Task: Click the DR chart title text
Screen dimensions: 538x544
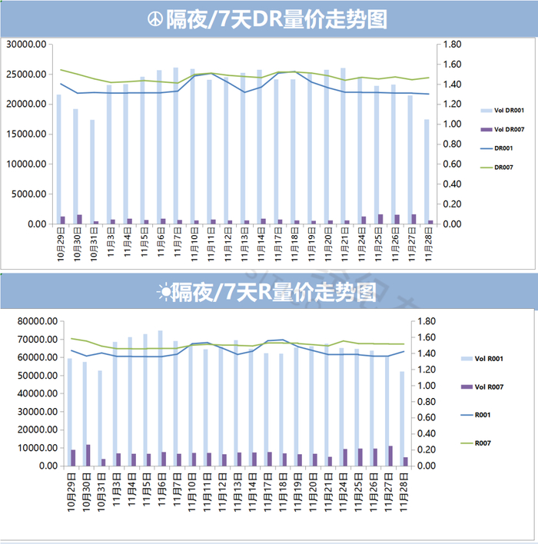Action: point(276,19)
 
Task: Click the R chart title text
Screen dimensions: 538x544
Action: point(274,292)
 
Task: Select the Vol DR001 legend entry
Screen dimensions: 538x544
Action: point(502,111)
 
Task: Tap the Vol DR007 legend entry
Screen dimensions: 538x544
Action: point(502,129)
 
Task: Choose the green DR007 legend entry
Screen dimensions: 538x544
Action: point(496,168)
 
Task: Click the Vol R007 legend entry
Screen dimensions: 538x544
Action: point(482,386)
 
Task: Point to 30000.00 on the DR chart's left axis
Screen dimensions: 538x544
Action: point(26,45)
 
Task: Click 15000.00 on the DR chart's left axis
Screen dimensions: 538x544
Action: point(26,134)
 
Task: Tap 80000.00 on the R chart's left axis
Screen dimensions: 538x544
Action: point(38,321)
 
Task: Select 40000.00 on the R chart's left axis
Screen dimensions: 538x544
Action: point(38,393)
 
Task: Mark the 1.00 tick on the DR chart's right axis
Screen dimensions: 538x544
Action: point(452,124)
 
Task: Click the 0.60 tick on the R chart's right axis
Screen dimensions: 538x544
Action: point(427,417)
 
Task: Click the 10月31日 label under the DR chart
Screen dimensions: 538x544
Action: point(94,244)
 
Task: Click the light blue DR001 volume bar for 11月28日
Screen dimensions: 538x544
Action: point(427,172)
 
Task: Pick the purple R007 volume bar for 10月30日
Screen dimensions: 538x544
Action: point(88,455)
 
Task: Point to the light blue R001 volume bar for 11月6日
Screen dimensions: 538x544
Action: point(161,398)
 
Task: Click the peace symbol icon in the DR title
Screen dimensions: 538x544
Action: point(154,19)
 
